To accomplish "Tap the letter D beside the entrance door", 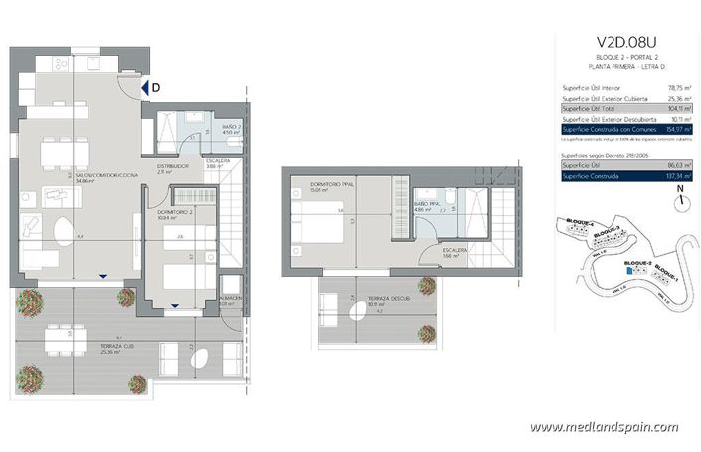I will coord(156,88).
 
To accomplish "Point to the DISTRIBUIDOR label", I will coord(174,167).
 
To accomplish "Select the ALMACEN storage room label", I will coord(230,301).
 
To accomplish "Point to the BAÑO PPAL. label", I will coord(429,207).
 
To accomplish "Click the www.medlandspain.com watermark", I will coord(604,427).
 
